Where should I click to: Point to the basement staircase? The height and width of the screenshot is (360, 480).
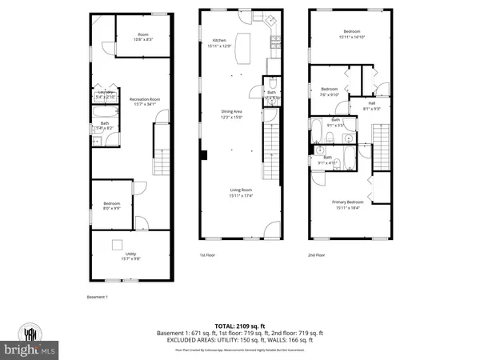(162, 152)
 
